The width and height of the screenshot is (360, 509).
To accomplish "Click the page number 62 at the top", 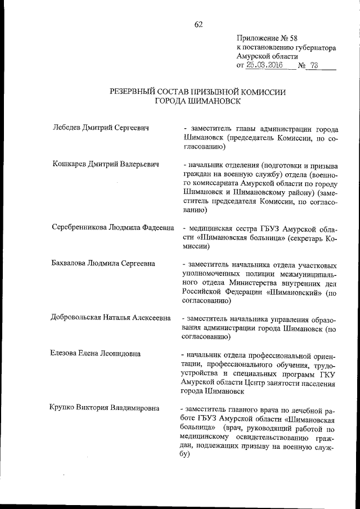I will click(x=198, y=24).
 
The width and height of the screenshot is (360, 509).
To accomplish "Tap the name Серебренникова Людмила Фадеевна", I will click(x=111, y=229).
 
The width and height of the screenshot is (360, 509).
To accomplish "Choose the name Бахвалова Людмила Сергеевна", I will click(x=103, y=264).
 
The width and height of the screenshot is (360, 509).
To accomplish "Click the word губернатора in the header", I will click(x=309, y=48).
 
